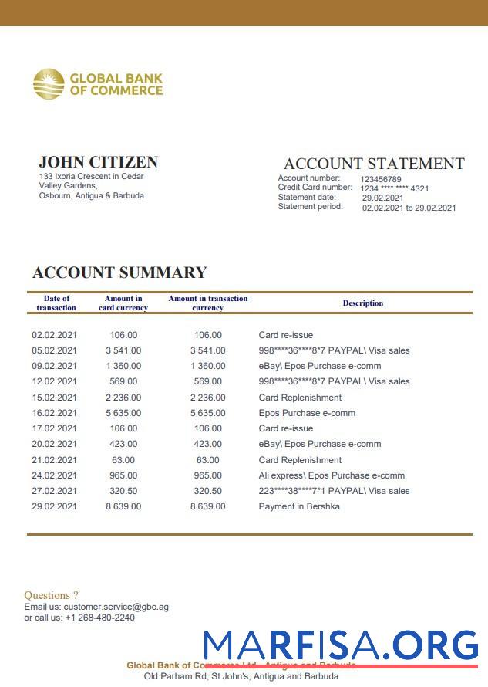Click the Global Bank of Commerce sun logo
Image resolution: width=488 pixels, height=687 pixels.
[48, 84]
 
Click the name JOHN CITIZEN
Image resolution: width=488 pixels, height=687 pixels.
[98, 162]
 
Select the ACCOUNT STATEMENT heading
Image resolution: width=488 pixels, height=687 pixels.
[374, 164]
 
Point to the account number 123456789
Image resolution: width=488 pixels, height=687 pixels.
[380, 179]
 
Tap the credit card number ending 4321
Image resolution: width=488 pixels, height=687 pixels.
[395, 188]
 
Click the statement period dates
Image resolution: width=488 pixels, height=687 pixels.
[409, 208]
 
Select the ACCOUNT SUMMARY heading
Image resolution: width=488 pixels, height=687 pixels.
[119, 272]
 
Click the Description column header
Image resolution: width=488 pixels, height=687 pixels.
[362, 303]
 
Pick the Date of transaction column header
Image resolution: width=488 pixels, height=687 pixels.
[56, 303]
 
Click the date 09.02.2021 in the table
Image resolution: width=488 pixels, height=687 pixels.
[54, 366]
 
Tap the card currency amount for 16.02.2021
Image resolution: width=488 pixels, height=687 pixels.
[123, 413]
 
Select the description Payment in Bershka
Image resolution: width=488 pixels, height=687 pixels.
[298, 506]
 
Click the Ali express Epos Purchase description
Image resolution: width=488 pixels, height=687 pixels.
[332, 475]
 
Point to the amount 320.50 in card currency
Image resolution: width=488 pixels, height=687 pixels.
[123, 491]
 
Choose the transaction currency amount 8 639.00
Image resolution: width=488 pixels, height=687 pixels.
[208, 506]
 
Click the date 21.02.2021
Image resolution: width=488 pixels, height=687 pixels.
[54, 460]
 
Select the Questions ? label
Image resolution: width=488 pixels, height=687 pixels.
[51, 595]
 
